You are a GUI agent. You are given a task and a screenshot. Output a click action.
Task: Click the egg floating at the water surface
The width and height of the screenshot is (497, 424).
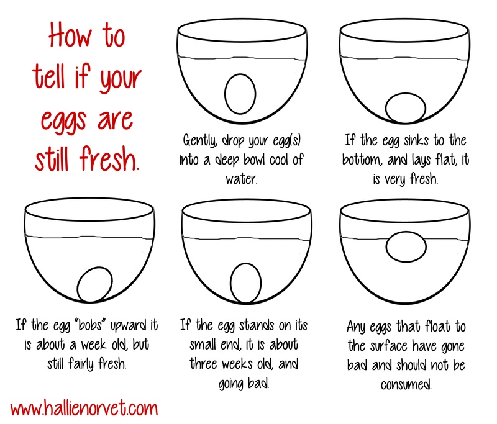pyautogui.click(x=406, y=246)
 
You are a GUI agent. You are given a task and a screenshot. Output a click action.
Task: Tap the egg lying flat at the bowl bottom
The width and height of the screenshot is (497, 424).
pyautogui.click(x=406, y=107)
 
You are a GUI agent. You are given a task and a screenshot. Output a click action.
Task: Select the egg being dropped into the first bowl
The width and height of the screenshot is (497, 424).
pyautogui.click(x=240, y=94)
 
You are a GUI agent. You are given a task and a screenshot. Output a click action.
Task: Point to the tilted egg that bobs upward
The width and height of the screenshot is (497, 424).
pyautogui.click(x=95, y=285)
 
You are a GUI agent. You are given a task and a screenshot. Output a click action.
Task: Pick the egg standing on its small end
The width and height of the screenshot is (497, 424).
pyautogui.click(x=245, y=283)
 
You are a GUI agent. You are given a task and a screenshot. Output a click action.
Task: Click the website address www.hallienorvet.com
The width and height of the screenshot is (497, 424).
pyautogui.click(x=84, y=408)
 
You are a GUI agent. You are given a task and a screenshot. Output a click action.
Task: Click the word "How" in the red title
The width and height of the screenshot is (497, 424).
pyautogui.click(x=70, y=36)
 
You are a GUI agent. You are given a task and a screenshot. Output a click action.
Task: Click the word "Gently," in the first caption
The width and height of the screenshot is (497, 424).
pyautogui.click(x=200, y=140)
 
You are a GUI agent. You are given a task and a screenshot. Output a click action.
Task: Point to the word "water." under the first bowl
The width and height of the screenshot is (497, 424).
pyautogui.click(x=242, y=179)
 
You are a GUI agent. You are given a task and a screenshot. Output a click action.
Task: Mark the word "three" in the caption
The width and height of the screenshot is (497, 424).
pyautogui.click(x=204, y=364)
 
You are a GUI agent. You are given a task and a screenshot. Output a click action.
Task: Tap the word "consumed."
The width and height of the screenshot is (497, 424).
pyautogui.click(x=406, y=385)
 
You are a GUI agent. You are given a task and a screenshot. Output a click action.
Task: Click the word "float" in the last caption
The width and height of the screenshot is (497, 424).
pyautogui.click(x=439, y=326)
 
